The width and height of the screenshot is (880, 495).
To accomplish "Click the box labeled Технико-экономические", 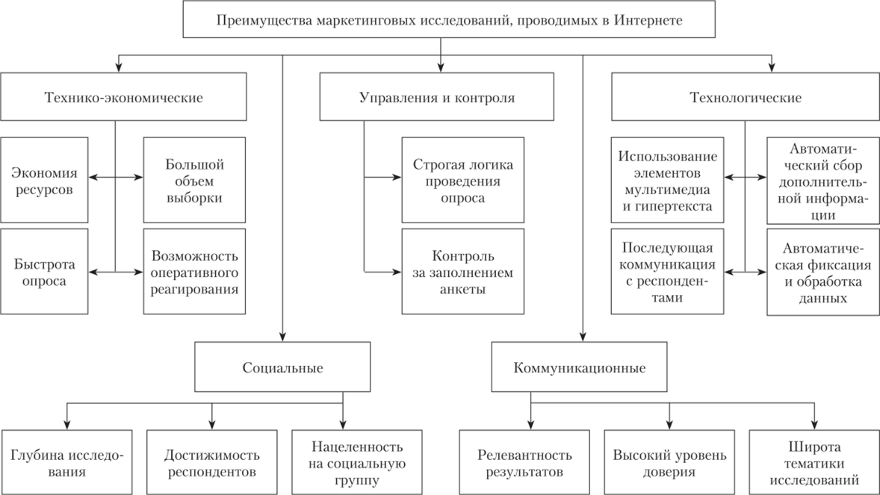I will pos(124,97).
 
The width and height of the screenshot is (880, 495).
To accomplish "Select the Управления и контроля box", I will pos(436,97).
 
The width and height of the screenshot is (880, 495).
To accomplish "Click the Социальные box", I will pos(282,367).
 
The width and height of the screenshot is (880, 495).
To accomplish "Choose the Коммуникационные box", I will pos(580,367).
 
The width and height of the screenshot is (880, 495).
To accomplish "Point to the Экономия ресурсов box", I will pos(44,179).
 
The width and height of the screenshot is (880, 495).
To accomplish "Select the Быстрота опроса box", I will pos(44,272).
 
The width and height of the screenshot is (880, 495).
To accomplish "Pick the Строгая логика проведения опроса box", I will pos(453,179).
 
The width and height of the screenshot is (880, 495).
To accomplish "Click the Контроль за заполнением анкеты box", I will pos(453,272).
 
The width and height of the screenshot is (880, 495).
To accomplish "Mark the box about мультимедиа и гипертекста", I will pos(667,179).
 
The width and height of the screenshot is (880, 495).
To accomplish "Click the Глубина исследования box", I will pos(67,463).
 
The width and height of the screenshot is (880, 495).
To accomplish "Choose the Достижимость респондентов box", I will pos(211,463).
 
